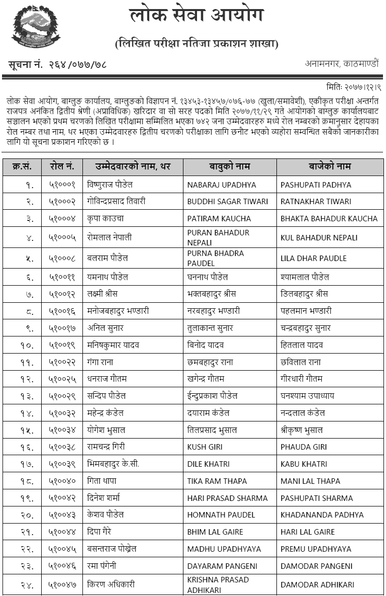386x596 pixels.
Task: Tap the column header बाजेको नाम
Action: click(x=330, y=166)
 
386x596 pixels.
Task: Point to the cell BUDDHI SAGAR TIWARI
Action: click(x=228, y=202)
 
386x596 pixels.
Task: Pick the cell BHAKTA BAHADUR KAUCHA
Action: click(x=329, y=219)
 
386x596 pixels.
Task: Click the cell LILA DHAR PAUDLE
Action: click(x=314, y=258)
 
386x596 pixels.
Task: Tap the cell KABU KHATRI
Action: click(x=304, y=464)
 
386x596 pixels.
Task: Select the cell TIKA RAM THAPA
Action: click(x=214, y=481)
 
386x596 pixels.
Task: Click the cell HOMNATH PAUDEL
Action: click(x=221, y=515)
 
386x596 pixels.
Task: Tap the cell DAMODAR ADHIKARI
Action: click(x=317, y=584)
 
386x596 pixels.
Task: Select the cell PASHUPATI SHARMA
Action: click(x=317, y=498)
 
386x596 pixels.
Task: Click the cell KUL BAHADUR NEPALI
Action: click(x=319, y=237)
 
